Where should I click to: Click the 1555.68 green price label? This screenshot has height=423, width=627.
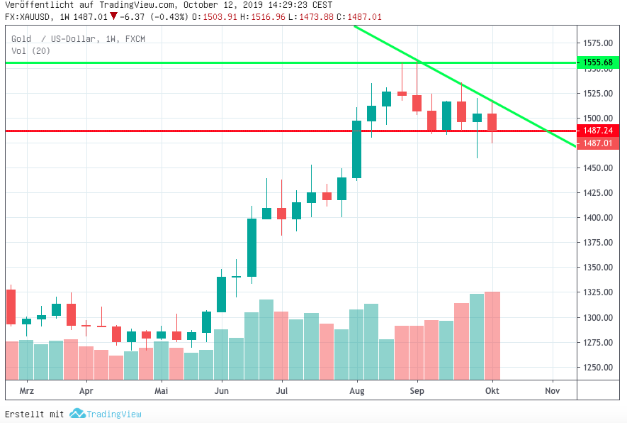[x=598, y=62]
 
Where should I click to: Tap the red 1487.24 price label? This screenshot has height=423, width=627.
[x=598, y=131]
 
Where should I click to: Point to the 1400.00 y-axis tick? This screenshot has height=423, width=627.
[x=598, y=218]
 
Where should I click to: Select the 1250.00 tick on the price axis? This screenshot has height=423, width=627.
[x=598, y=368]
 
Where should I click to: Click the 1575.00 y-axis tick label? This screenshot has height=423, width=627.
[x=598, y=43]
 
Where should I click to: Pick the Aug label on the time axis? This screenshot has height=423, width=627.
[x=357, y=391]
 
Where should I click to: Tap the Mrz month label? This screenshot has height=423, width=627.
[x=27, y=391]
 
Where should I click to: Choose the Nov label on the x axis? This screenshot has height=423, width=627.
[x=552, y=391]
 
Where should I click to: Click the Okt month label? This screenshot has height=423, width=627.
[x=492, y=391]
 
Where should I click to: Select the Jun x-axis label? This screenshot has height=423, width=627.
[x=222, y=391]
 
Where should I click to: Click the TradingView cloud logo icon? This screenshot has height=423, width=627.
[x=77, y=414]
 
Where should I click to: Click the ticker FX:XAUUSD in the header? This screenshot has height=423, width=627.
[x=28, y=16]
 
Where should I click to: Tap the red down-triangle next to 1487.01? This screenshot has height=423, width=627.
[x=113, y=16]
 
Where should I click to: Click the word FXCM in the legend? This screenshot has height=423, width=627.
[x=135, y=39]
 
